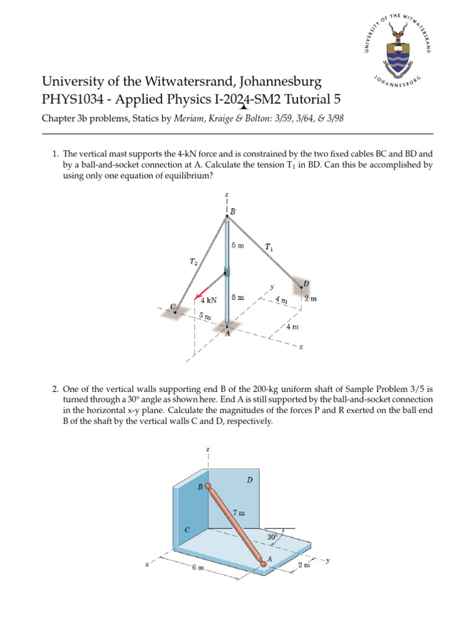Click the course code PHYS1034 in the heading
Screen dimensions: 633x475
(69, 100)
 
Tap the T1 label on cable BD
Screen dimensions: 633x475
(269, 247)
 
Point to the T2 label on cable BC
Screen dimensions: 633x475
(194, 261)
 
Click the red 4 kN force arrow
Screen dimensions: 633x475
(202, 291)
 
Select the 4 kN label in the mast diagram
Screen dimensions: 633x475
(209, 300)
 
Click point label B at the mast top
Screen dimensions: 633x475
(233, 211)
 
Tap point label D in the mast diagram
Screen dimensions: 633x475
(306, 284)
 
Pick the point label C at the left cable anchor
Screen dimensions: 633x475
(173, 307)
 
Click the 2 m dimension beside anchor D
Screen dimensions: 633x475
(310, 299)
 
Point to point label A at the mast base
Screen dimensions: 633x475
(227, 334)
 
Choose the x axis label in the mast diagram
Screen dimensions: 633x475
(301, 347)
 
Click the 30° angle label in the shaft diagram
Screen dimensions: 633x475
(272, 537)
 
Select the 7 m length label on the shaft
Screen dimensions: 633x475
(239, 512)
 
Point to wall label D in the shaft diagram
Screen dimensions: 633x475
(249, 479)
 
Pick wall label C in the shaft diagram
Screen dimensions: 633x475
(187, 529)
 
